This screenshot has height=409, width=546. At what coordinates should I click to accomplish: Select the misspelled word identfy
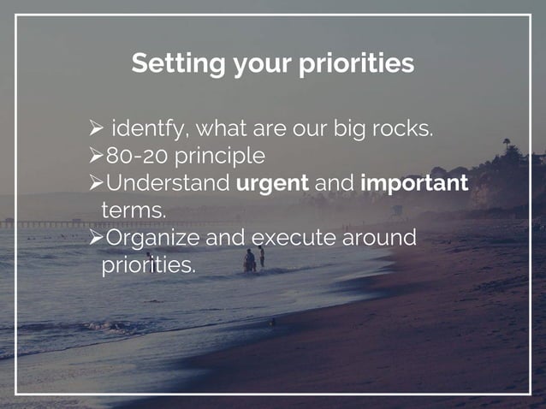[x=150, y=130]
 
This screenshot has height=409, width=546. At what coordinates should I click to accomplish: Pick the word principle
[x=221, y=157]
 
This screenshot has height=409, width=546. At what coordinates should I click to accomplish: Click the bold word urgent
[x=272, y=183]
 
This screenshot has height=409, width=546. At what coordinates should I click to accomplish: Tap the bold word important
[x=414, y=183]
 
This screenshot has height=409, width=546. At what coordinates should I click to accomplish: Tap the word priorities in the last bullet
[x=148, y=264]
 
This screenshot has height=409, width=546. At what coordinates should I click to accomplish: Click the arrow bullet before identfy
[x=96, y=131]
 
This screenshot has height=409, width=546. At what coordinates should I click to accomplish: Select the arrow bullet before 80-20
[x=96, y=157]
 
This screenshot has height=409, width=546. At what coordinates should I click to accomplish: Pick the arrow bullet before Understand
[x=96, y=183]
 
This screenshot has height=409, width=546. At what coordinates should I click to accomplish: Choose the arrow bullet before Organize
[x=96, y=237]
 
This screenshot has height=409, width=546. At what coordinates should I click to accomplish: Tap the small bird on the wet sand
[x=273, y=323]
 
